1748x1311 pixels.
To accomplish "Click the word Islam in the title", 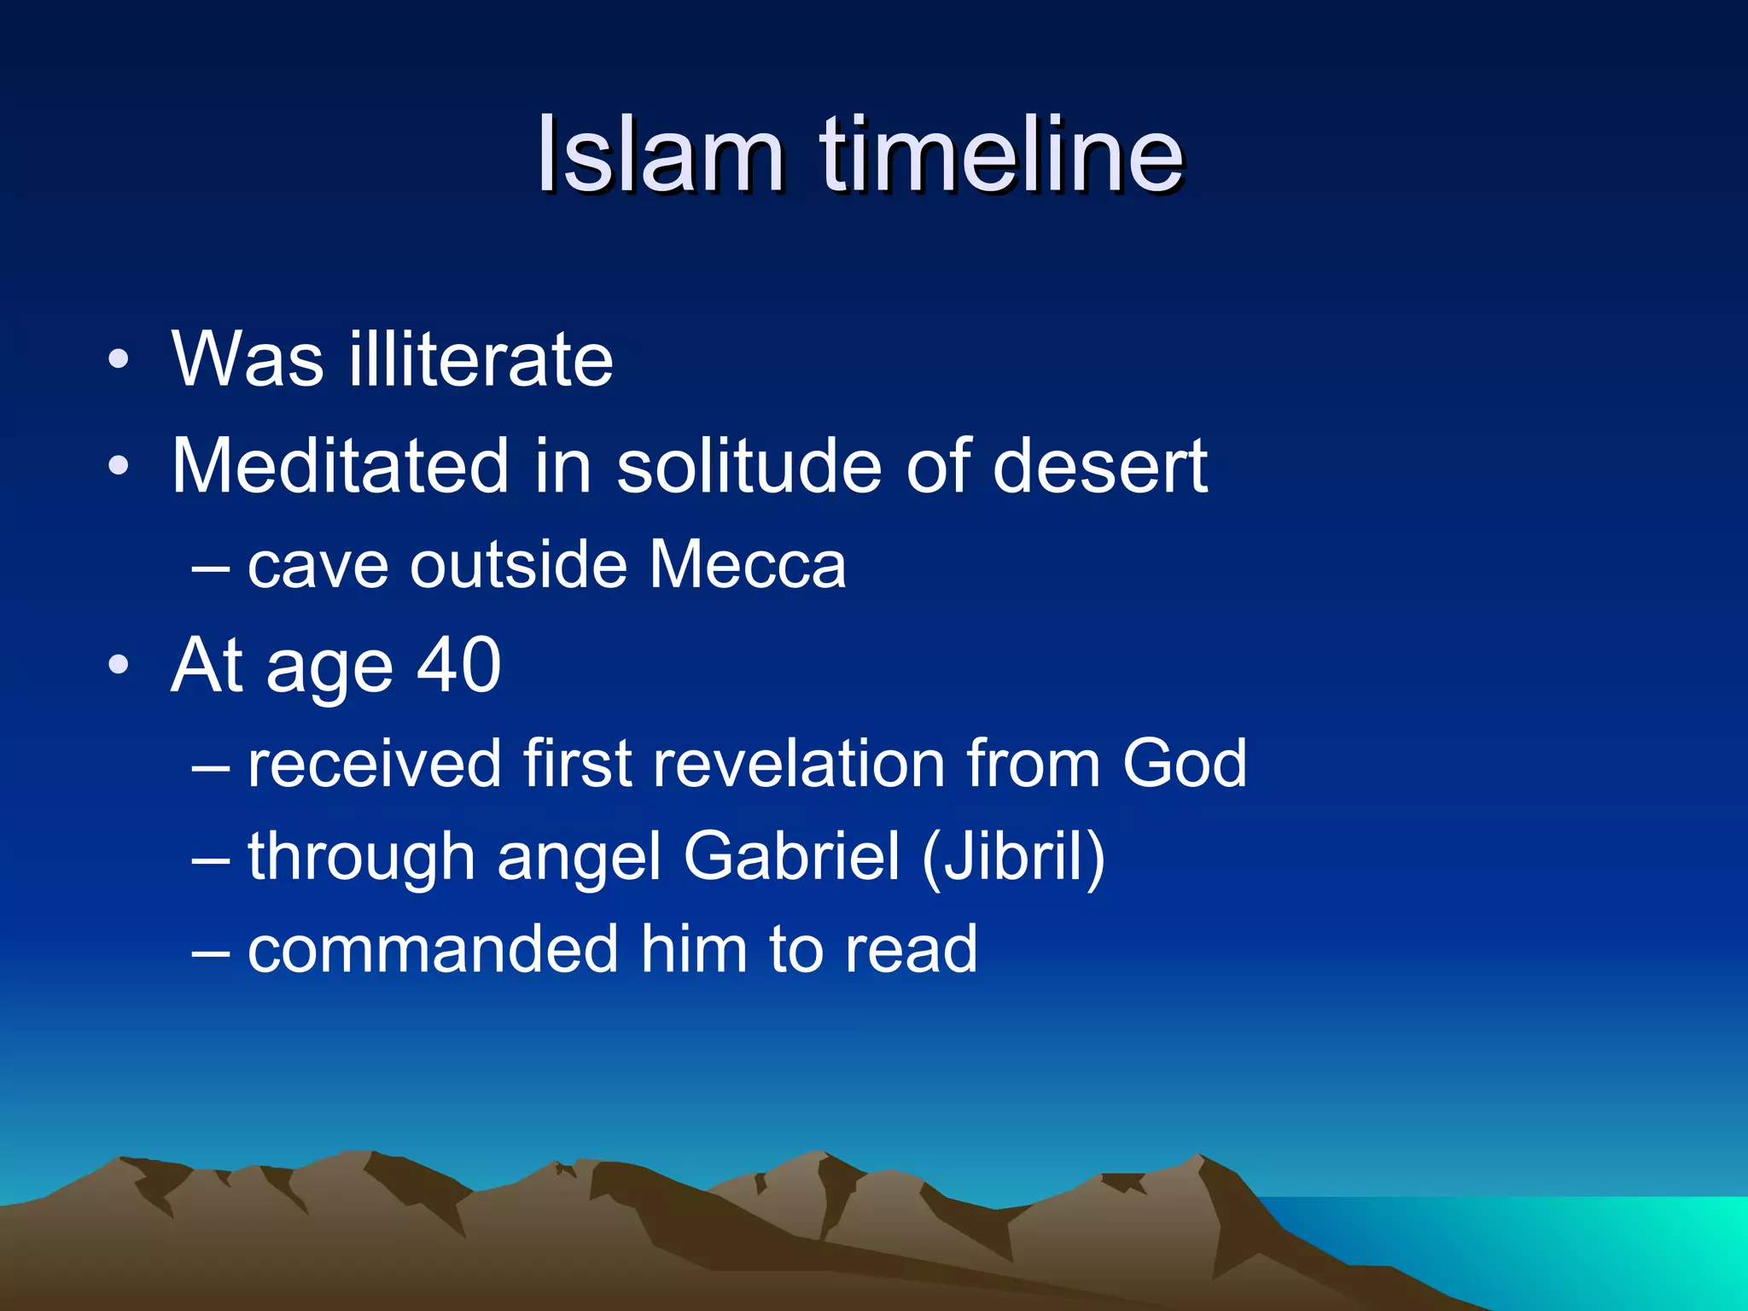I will (660, 155).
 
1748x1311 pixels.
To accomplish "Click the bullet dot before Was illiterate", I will (119, 359).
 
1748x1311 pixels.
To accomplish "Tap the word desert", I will (1099, 466).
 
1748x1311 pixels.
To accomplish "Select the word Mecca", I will (747, 565).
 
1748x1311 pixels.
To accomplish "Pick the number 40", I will (458, 665).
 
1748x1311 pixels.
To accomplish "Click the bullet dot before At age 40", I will (119, 665).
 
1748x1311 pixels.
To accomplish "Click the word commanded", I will (433, 949).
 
